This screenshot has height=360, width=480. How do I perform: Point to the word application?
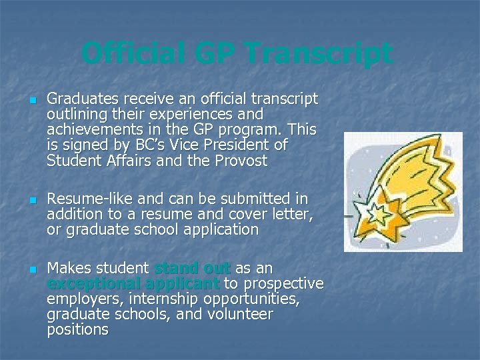(x=223, y=230)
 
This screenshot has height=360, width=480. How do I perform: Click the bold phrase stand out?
(x=192, y=269)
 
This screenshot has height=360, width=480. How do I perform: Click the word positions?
(x=77, y=330)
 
